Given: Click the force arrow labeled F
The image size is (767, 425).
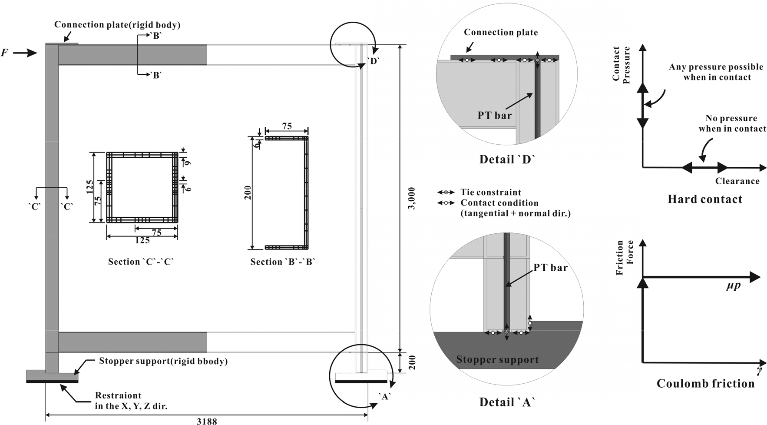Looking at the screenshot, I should pos(25,53).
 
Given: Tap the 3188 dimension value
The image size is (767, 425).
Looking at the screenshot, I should pos(207,421).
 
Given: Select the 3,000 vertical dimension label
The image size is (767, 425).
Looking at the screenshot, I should pos(412,198).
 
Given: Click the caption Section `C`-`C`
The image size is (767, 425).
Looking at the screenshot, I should pos(141,262).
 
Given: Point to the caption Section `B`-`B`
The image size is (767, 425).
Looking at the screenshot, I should pos(283,262).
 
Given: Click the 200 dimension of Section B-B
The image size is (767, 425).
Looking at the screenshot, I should pos(248,193).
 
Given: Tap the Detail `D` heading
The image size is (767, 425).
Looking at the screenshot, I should pos(507,159).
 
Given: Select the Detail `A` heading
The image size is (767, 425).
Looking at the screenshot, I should pos(507,402).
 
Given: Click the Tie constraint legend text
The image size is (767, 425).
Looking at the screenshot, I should pos(490,192).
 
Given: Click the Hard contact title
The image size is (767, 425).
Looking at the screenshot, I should pos(704,199).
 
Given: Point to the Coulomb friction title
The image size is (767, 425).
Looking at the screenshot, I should pos(705,383).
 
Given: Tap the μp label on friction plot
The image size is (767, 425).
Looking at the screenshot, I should pos(733,286).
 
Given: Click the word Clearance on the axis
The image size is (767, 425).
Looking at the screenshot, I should pos(737,181).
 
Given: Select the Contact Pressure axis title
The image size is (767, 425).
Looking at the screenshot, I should pos(621,64).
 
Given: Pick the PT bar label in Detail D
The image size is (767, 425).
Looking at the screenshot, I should pos(494,115).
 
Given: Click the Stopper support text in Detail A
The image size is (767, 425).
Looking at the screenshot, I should pos(497,359).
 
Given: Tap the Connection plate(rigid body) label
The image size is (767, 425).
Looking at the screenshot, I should pos(117,25).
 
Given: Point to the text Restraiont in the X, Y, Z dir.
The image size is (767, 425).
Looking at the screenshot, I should pos(131,401).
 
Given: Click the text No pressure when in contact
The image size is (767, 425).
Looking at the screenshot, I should pos(732,123).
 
